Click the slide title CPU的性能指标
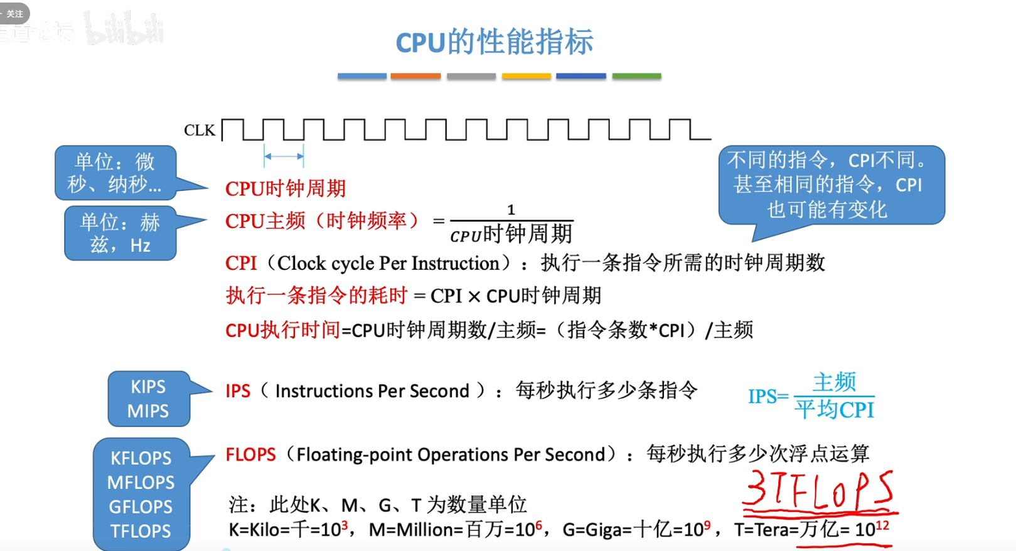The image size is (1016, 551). pyautogui.click(x=495, y=42)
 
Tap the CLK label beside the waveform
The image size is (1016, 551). pyautogui.click(x=199, y=131)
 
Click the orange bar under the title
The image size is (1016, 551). pyautogui.click(x=415, y=76)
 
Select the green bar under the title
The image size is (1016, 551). pyautogui.click(x=636, y=76)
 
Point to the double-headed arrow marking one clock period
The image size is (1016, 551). pyautogui.click(x=284, y=156)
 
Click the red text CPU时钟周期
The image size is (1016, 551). pyautogui.click(x=286, y=188)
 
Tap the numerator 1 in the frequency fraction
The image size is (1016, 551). pyautogui.click(x=511, y=210)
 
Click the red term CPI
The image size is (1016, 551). pyautogui.click(x=241, y=263)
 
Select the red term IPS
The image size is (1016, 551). pyautogui.click(x=238, y=391)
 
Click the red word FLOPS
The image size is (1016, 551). pyautogui.click(x=250, y=454)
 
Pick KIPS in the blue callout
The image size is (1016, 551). pyautogui.click(x=148, y=387)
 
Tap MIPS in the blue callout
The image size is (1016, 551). pyautogui.click(x=148, y=411)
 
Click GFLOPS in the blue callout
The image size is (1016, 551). pyautogui.click(x=141, y=506)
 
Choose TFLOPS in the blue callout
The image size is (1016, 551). pyautogui.click(x=141, y=531)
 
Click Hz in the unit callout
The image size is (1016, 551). pyautogui.click(x=141, y=245)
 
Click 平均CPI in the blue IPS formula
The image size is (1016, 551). pyautogui.click(x=834, y=410)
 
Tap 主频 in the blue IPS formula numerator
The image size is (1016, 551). pyautogui.click(x=834, y=382)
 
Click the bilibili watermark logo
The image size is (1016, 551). pyautogui.click(x=124, y=29)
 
